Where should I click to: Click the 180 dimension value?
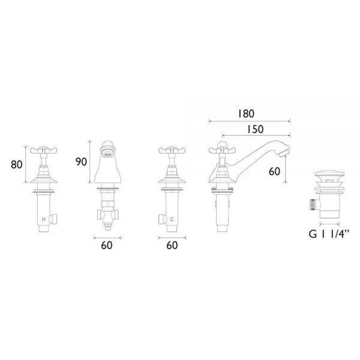(x=246, y=113)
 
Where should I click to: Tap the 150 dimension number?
(x=255, y=129)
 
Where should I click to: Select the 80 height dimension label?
(x=17, y=164)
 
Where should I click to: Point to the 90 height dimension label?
(x=81, y=162)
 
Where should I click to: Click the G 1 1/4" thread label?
(x=329, y=234)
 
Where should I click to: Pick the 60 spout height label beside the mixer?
(x=274, y=172)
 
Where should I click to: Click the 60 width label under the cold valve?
(x=172, y=245)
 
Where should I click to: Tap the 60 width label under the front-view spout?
(x=107, y=245)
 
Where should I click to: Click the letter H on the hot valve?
(x=43, y=220)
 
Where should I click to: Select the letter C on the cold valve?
(x=172, y=220)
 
